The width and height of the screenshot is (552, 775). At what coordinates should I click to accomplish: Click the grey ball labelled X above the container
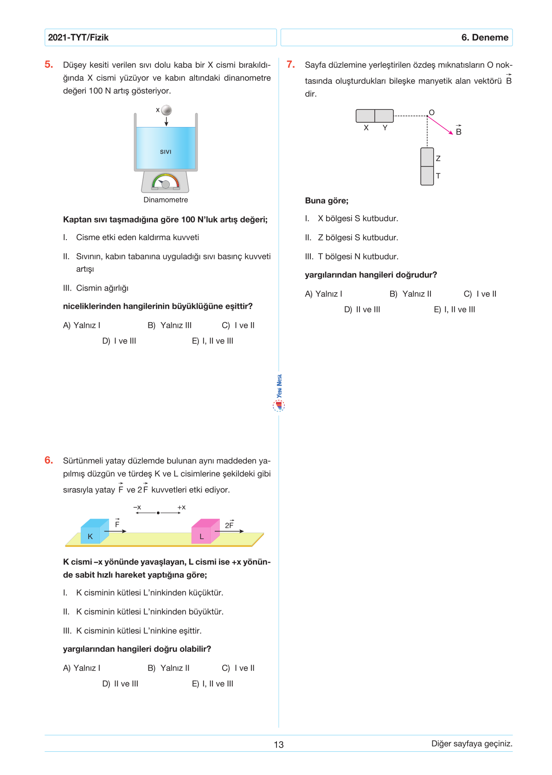[167, 110]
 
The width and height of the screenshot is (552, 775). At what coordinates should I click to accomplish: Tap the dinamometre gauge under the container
[166, 182]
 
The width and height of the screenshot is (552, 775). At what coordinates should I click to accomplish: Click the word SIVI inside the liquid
[166, 152]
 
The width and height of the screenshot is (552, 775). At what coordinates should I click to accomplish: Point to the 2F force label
[230, 525]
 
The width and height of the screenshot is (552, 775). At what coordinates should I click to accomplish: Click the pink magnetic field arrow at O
[440, 125]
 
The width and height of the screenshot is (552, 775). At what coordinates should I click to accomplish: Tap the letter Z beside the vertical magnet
[438, 159]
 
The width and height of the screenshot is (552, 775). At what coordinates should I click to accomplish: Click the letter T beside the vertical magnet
[438, 176]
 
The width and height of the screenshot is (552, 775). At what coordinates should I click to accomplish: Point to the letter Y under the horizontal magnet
[385, 128]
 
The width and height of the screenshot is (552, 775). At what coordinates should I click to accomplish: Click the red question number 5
[49, 64]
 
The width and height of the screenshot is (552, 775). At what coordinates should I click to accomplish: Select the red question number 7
[291, 64]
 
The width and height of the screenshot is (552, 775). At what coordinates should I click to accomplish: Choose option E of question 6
[212, 684]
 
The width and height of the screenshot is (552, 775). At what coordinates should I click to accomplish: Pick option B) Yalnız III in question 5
[169, 325]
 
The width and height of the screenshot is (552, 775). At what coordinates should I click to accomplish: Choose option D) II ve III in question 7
[362, 310]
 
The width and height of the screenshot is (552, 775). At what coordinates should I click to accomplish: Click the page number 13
[278, 744]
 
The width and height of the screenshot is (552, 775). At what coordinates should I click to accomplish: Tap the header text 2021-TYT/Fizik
[78, 38]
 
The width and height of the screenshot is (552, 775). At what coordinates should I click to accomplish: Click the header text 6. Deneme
[485, 38]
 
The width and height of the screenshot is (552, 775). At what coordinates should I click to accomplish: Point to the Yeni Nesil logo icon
[279, 406]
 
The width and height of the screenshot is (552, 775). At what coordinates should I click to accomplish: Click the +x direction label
[181, 508]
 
